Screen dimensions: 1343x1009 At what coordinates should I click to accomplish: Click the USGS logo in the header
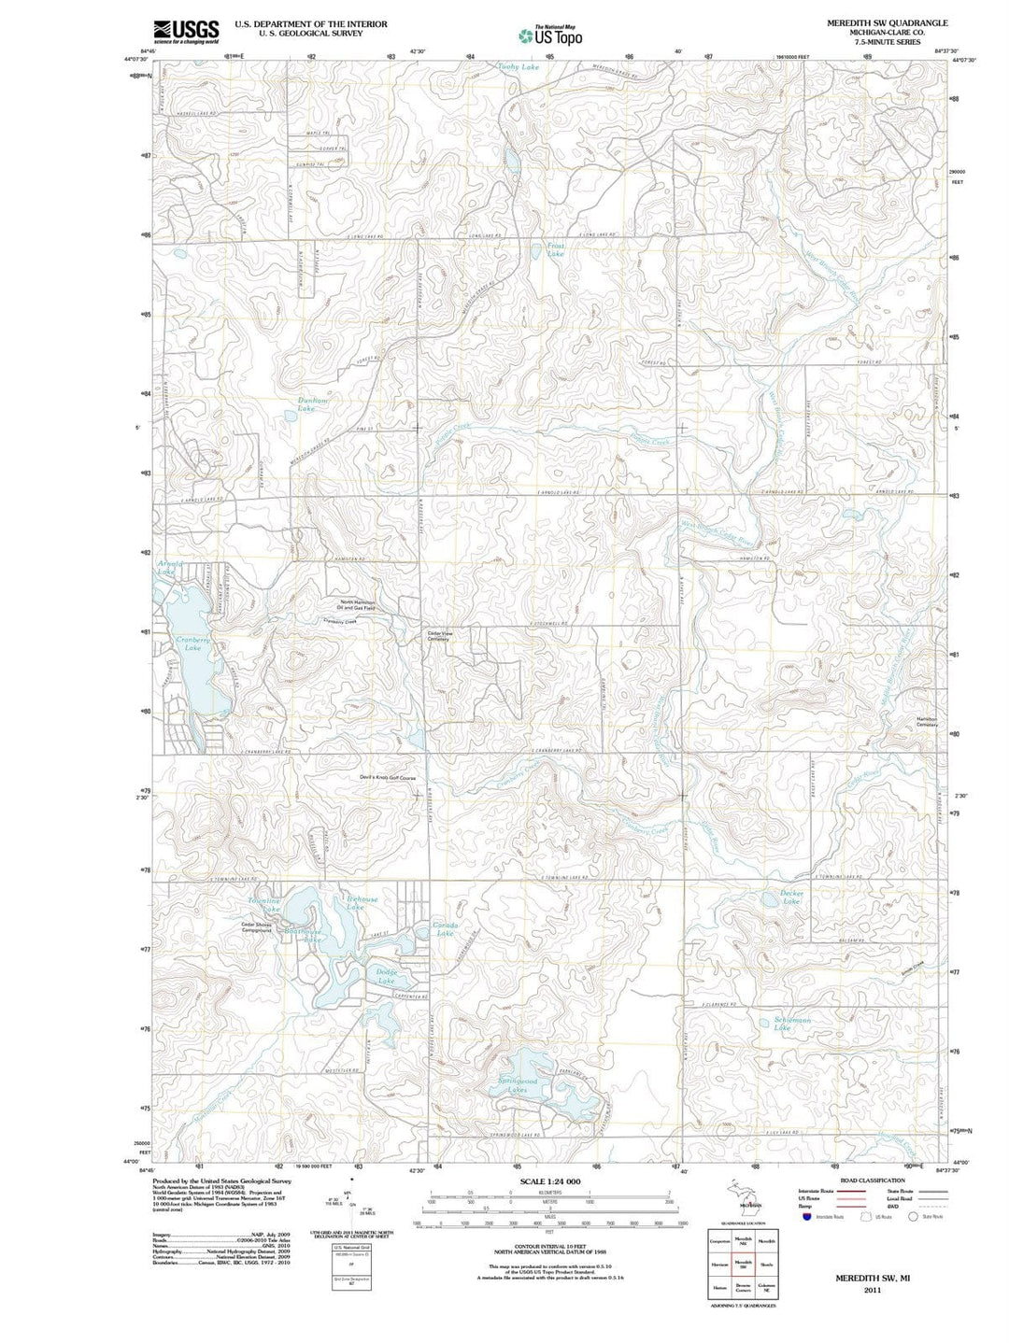click(x=187, y=32)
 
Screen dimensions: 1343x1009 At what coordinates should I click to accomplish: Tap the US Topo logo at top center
click(x=551, y=35)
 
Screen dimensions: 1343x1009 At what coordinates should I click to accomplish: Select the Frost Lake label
click(x=556, y=250)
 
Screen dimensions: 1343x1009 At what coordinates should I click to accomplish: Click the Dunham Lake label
click(x=313, y=404)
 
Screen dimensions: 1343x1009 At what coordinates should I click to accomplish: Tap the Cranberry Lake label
click(x=192, y=643)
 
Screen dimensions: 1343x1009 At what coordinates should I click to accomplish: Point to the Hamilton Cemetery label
click(x=926, y=722)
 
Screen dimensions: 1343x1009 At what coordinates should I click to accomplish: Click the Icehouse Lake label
click(x=356, y=903)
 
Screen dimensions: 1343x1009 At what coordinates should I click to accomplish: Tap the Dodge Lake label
click(x=387, y=977)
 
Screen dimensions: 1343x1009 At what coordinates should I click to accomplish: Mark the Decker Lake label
click(x=792, y=897)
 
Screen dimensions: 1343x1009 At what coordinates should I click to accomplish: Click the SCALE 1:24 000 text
click(x=550, y=1182)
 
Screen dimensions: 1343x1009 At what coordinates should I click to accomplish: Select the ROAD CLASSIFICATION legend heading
click(x=874, y=1180)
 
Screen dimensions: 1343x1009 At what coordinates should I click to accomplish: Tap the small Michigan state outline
click(x=744, y=1196)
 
